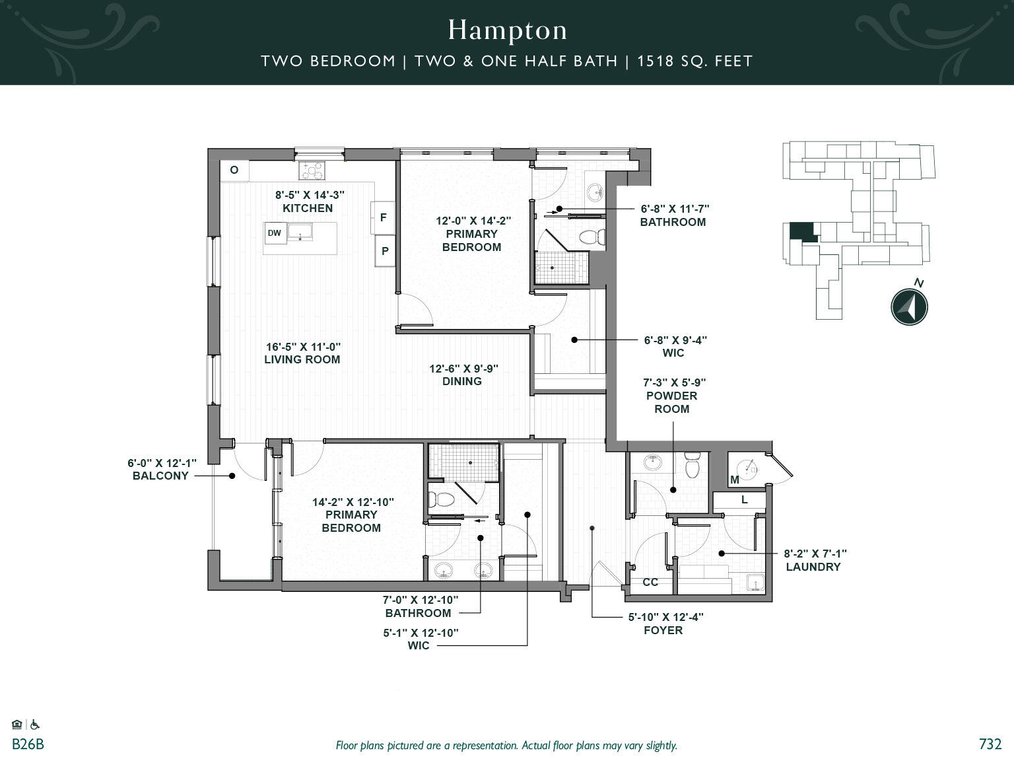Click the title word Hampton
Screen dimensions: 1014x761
[x=507, y=30]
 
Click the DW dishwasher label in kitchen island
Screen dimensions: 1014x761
[x=274, y=233]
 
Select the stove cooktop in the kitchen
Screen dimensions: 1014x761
[x=312, y=171]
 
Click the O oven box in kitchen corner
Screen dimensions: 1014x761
[x=234, y=170]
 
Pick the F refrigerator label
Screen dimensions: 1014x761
[x=383, y=217]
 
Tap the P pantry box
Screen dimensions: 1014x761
[x=385, y=251]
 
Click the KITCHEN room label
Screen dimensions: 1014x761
[x=308, y=208]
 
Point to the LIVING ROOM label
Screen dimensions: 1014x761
[x=302, y=359]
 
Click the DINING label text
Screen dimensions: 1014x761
[x=462, y=381]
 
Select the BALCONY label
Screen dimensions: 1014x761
[x=160, y=476]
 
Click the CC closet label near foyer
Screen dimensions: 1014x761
[x=650, y=582]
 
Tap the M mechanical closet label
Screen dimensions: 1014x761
[x=735, y=480]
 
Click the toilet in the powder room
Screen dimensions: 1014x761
[x=692, y=465]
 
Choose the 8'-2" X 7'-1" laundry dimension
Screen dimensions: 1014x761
[x=815, y=554]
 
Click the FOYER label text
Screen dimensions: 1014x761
[x=663, y=630]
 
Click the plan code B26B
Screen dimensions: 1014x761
[x=28, y=744]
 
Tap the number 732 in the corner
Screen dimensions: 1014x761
[x=990, y=744]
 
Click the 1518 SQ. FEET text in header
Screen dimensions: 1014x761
[x=694, y=61]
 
